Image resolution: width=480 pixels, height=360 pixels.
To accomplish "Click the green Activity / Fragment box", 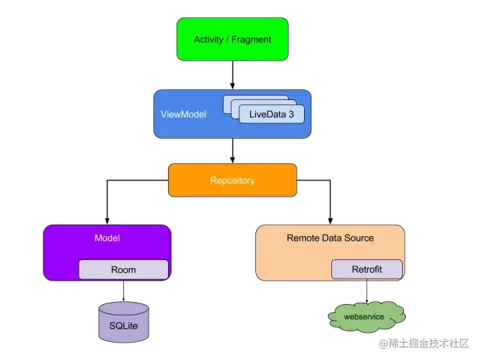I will coord(232,39).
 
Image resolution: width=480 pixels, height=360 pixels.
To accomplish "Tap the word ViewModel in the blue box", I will coord(183,115).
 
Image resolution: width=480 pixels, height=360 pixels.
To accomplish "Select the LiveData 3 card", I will coord(271,115).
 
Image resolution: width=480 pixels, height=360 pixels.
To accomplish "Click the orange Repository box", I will coord(232,181).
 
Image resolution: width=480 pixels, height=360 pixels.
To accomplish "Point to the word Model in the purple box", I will coord(107,238).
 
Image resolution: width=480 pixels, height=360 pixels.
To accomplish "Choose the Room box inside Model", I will coord(123,270).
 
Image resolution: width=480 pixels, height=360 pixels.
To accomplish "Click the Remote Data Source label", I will coord(330,238).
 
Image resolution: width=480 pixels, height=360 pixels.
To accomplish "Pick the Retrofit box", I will coord(367,269).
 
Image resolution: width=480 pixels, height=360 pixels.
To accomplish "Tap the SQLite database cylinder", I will coord(123,323).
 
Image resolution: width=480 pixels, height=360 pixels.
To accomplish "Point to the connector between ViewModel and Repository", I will coord(232,151).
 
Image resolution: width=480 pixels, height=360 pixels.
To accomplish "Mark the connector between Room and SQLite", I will coord(123,291).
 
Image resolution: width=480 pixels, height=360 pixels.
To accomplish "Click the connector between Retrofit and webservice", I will coord(366,291).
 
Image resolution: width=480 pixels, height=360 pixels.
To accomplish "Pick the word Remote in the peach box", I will coord(302,238).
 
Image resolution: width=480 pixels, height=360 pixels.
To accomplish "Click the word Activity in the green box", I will coord(209,39).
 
